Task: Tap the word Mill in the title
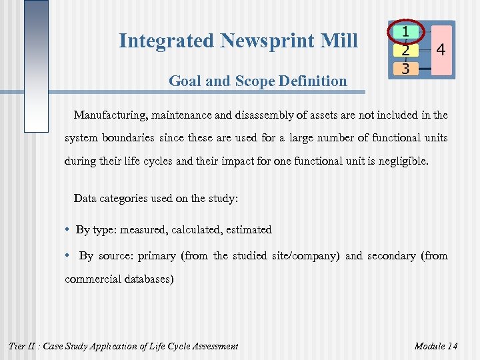(x=341, y=41)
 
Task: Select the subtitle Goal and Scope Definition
(x=257, y=81)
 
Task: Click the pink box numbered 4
(x=439, y=50)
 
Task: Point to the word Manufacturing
(x=111, y=115)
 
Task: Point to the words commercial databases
(x=119, y=279)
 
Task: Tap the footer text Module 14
(x=435, y=346)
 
